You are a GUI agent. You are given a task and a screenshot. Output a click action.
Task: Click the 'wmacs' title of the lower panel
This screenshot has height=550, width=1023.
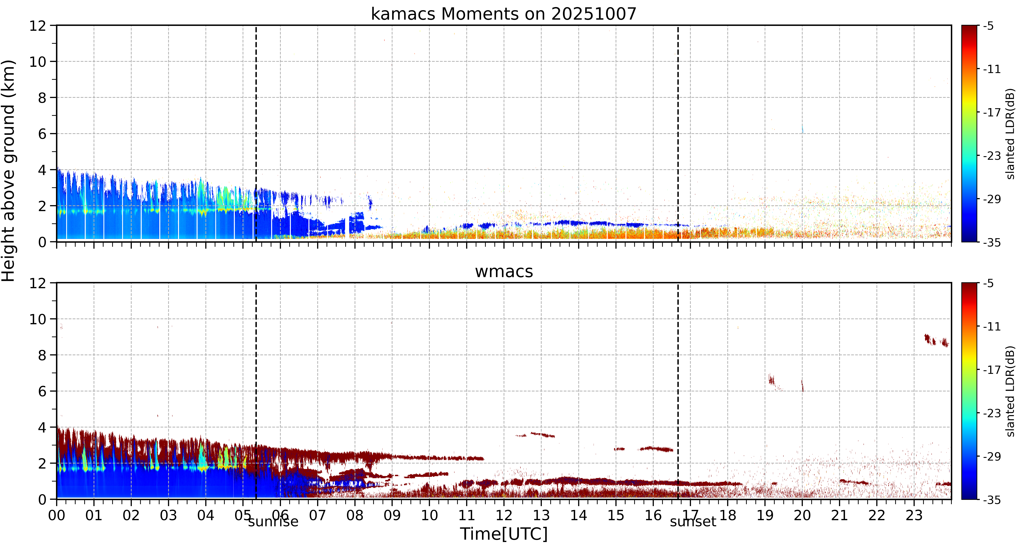504,272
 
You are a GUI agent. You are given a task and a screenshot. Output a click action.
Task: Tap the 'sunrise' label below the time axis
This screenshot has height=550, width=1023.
273,521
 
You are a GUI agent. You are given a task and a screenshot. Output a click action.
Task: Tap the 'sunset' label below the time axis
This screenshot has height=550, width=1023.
693,521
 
